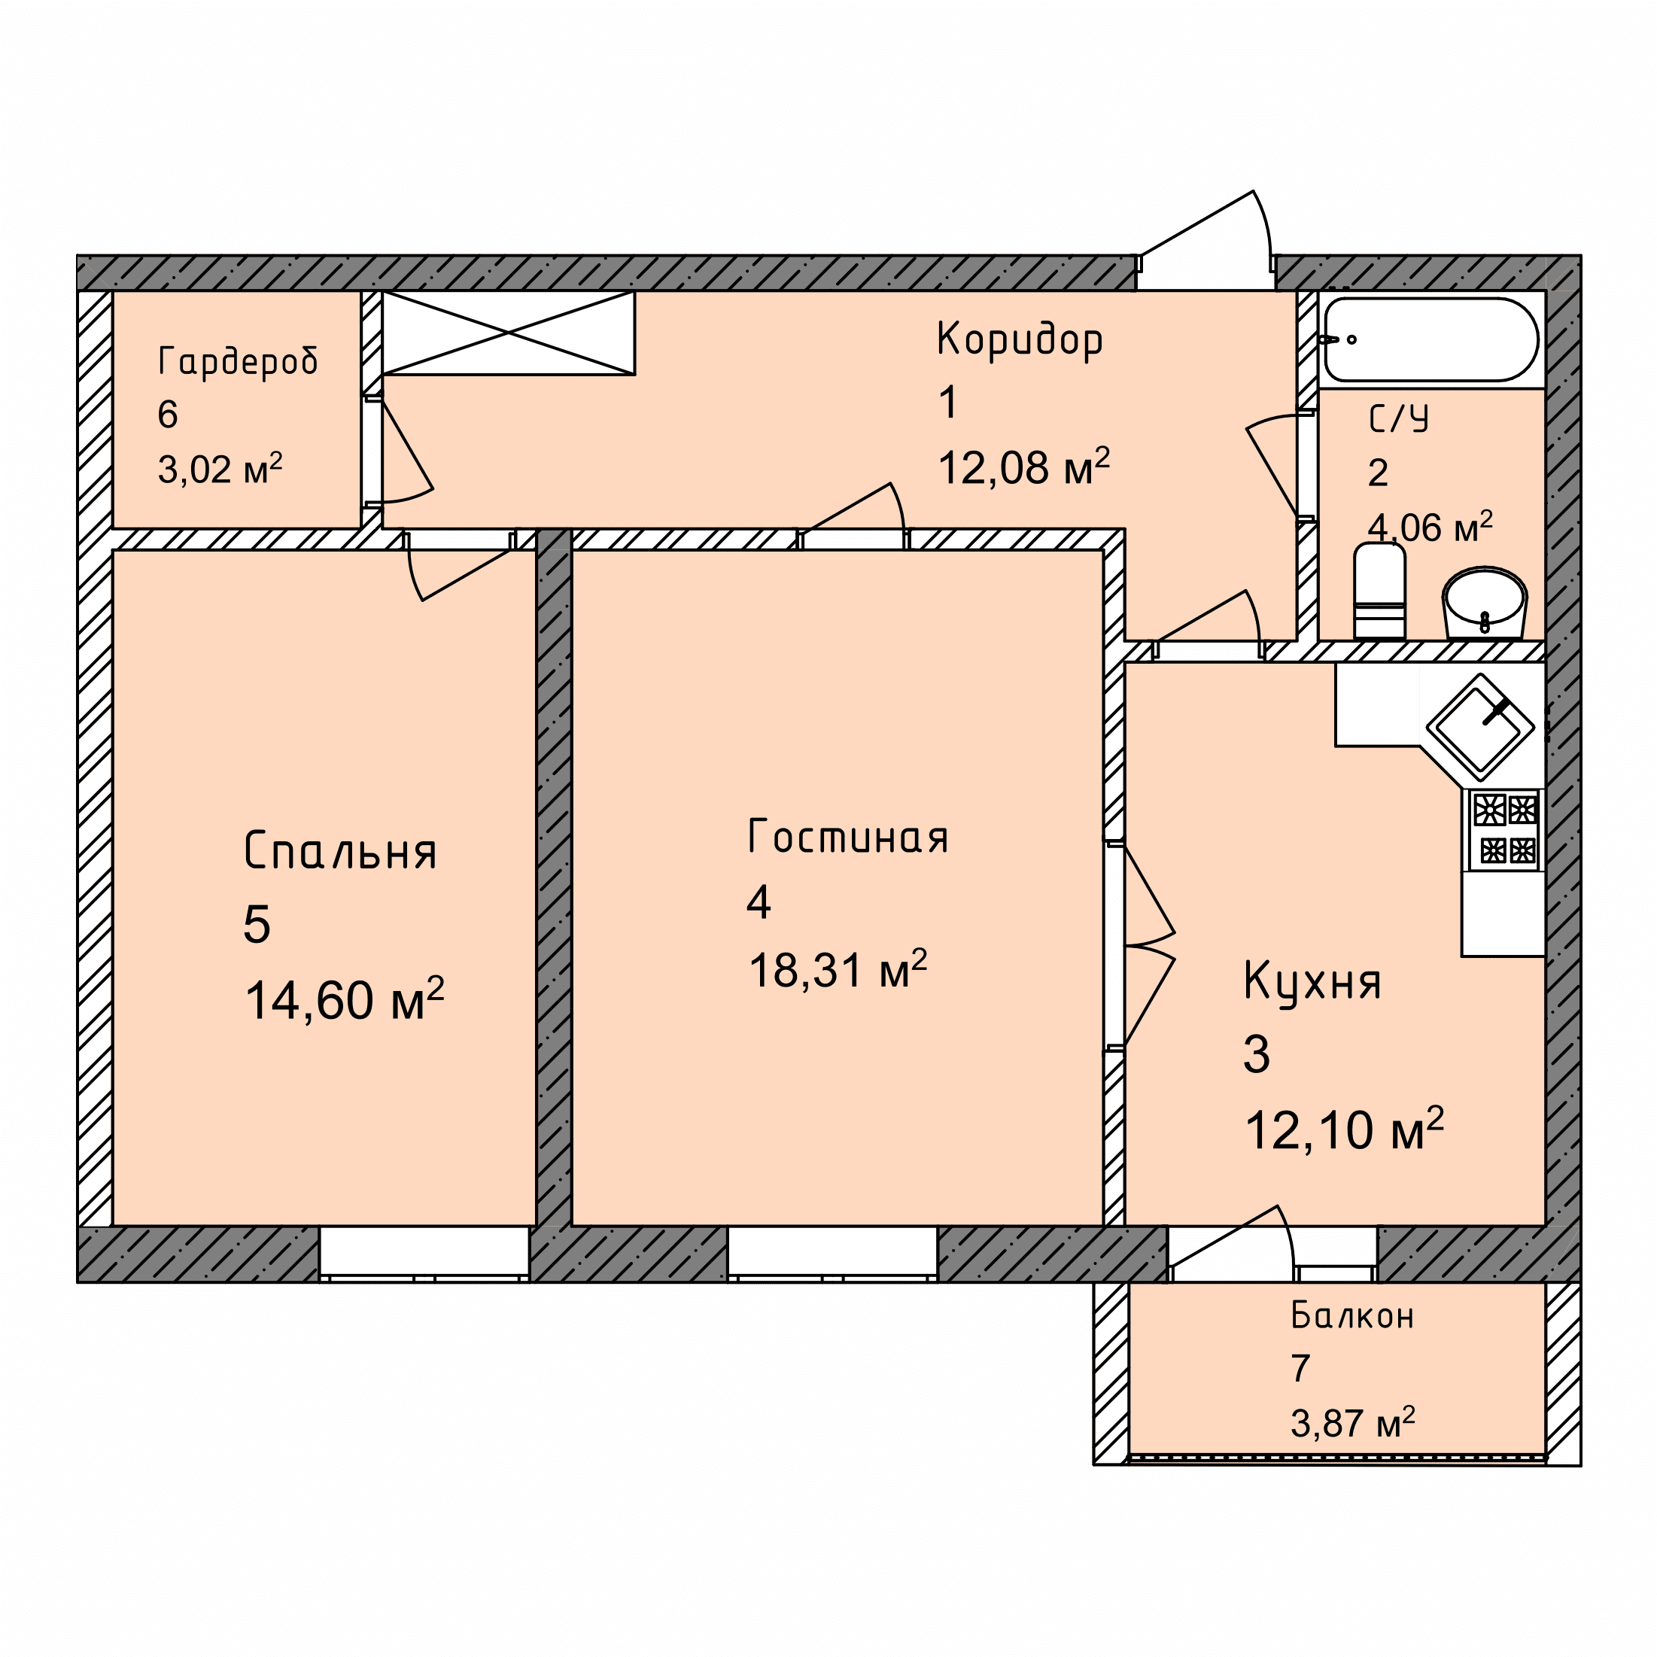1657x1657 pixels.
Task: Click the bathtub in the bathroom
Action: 1430,339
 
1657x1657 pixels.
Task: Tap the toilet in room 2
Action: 1379,591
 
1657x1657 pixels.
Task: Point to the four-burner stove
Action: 1505,829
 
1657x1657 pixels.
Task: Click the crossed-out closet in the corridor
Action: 509,333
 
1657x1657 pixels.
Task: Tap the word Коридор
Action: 1020,339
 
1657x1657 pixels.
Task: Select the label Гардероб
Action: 239,361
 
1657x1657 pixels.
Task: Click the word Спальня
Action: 340,851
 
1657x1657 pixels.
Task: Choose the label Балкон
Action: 1352,1315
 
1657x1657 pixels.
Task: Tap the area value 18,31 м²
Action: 838,970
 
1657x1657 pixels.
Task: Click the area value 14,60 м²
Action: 344,999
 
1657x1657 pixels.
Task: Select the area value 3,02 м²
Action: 220,469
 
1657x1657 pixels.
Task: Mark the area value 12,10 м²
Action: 1344,1129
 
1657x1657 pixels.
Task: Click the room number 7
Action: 1300,1369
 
